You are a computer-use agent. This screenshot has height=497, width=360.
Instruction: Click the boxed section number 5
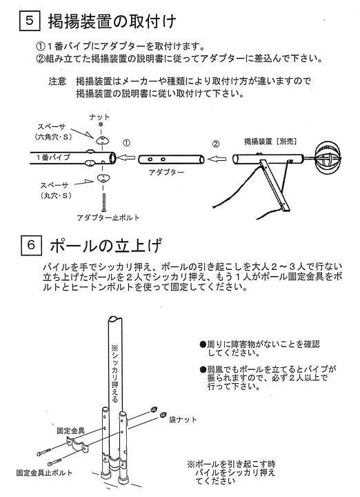tap(30, 21)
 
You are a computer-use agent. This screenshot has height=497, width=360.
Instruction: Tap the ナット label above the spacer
tap(99, 117)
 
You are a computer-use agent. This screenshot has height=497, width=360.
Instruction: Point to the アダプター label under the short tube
tap(166, 173)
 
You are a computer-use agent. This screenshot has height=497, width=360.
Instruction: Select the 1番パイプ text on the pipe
tap(53, 157)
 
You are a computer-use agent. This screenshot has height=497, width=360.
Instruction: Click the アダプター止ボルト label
tap(108, 217)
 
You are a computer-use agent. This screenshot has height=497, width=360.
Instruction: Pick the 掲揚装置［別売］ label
tap(270, 142)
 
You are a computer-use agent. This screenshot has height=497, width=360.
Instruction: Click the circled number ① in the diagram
tap(126, 143)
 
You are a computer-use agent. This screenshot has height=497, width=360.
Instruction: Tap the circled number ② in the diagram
tap(215, 144)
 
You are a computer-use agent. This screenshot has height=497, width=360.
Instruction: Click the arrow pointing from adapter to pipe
tap(126, 157)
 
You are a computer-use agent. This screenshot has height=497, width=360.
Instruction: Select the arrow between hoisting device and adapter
tap(217, 159)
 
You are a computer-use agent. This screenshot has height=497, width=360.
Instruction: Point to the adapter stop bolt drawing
tap(103, 202)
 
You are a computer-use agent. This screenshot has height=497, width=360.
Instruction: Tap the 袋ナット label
tap(183, 420)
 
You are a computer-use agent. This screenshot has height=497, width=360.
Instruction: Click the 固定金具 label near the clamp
tap(70, 431)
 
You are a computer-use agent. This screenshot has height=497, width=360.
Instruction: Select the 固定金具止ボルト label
tap(44, 473)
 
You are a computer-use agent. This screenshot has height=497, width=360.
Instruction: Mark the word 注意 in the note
tap(57, 81)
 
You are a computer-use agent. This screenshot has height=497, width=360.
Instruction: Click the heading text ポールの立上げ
tap(106, 245)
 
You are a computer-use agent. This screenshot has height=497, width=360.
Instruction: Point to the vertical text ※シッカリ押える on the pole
tap(114, 373)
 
